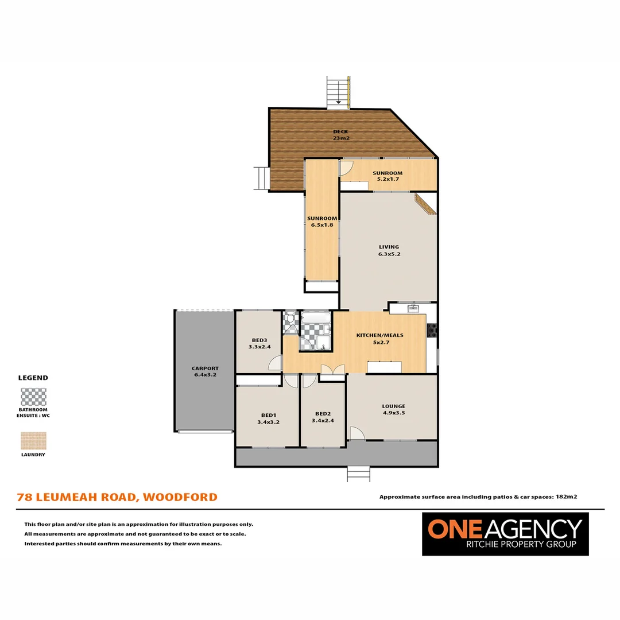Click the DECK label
click(x=340, y=132)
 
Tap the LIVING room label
click(x=389, y=247)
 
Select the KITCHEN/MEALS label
click(x=380, y=335)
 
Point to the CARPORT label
click(x=205, y=369)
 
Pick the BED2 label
click(x=323, y=414)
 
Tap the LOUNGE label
click(x=394, y=406)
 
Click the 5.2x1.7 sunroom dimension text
click(x=387, y=179)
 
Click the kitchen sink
click(x=413, y=309)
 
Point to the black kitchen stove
click(x=432, y=330)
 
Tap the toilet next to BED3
click(x=289, y=319)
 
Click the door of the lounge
click(x=356, y=433)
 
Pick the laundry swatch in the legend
click(x=33, y=441)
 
